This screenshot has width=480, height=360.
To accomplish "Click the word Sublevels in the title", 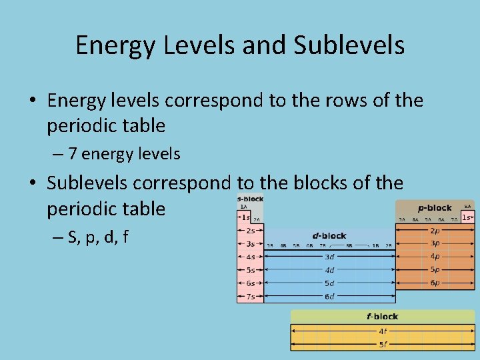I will coord(349,45).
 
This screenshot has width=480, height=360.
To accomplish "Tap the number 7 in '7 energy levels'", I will coord(72,154).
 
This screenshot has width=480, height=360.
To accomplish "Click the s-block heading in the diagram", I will coord(250,199).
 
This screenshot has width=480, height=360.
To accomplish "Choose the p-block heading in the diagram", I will coord(435,207).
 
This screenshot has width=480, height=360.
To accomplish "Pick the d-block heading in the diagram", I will coord(329,235).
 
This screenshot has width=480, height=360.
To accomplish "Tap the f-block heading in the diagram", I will coord(383,316).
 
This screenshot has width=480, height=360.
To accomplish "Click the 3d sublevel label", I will coord(329,257).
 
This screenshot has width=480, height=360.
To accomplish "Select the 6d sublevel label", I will coord(329,296).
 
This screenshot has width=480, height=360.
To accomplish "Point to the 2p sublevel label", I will coord(435,230).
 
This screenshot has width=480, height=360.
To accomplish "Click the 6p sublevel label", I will coord(435,283).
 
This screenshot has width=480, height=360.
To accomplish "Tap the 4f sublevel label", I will coord(383,331).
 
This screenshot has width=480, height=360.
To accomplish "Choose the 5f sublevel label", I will coord(383,344).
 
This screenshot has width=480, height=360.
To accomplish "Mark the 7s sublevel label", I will coord(250,296).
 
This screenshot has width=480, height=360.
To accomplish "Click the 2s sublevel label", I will coord(250,230).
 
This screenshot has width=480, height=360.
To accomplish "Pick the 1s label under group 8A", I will coord(468,217).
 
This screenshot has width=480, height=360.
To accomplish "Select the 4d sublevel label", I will coord(329,270).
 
